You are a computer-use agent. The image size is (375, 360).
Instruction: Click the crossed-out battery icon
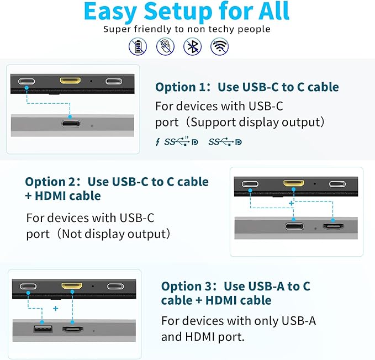(x=138, y=46)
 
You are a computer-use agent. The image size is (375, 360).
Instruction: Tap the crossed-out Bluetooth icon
(x=192, y=46)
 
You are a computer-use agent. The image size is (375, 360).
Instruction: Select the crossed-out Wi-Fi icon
(x=220, y=46)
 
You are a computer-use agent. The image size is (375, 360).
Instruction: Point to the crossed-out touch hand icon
(x=165, y=46)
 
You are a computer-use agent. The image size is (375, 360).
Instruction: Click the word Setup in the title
(x=178, y=12)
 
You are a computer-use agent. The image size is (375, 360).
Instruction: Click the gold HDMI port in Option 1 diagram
(x=70, y=81)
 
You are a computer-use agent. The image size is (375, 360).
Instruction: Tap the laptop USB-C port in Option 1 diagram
(x=71, y=124)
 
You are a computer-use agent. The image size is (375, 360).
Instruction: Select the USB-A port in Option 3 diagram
(x=43, y=329)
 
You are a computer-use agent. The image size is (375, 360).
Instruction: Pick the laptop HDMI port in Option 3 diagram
(x=73, y=330)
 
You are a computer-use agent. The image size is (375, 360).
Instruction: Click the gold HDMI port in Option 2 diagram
(x=294, y=183)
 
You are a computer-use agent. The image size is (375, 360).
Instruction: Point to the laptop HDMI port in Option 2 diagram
(x=333, y=226)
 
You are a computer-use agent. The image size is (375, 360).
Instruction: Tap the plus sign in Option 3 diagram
(x=55, y=308)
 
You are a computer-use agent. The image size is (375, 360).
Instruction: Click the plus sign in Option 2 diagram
(x=291, y=203)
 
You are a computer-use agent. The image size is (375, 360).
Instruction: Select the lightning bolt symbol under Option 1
(x=157, y=142)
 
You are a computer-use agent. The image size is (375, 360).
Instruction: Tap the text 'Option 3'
(x=186, y=287)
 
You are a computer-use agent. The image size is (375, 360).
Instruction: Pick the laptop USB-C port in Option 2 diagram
(x=295, y=226)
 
